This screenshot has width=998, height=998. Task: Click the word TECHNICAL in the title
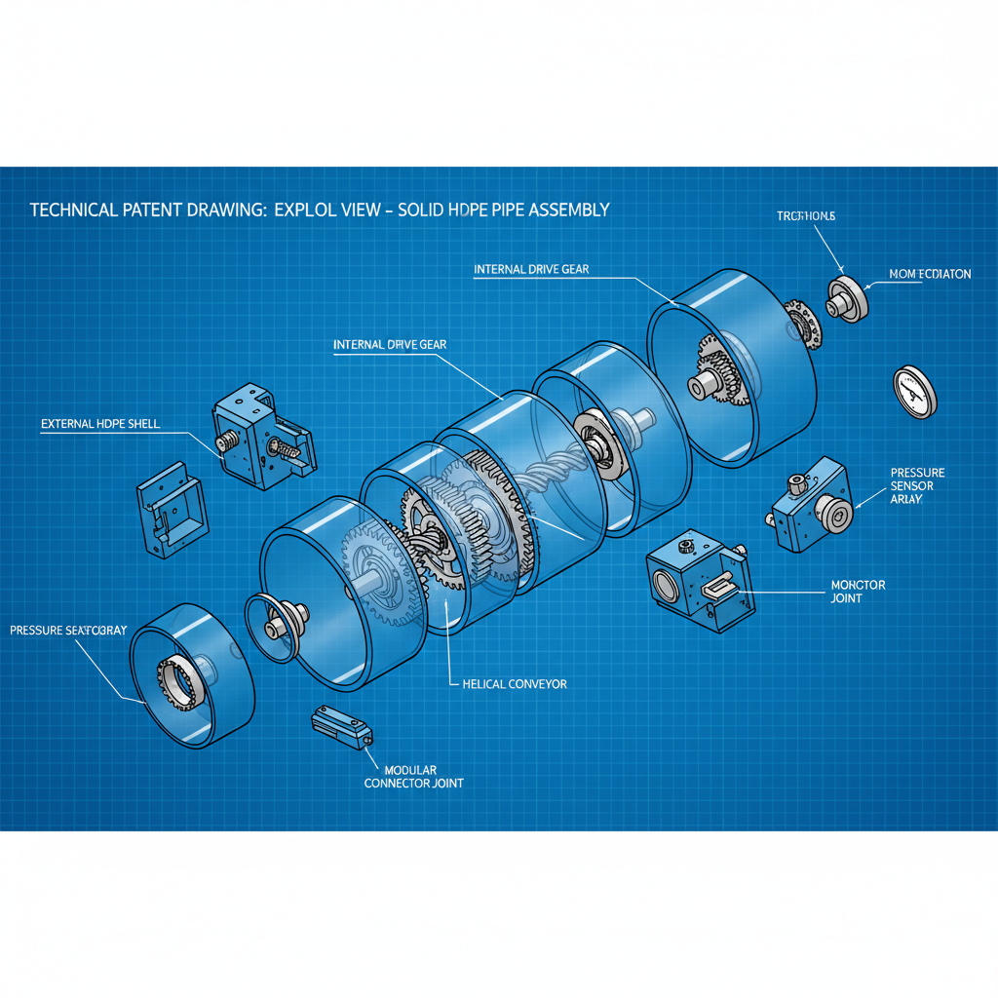point(72,210)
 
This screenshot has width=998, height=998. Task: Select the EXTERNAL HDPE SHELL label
point(100,424)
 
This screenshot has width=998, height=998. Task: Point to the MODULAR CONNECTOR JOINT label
point(413,776)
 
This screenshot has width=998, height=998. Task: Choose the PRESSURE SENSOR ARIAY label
point(917,485)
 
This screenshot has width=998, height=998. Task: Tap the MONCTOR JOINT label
point(858,591)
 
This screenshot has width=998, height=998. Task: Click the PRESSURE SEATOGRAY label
point(68,631)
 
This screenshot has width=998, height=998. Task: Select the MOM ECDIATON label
point(930,274)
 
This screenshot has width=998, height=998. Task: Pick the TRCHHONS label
point(806,215)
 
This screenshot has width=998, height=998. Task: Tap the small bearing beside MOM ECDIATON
point(848,298)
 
